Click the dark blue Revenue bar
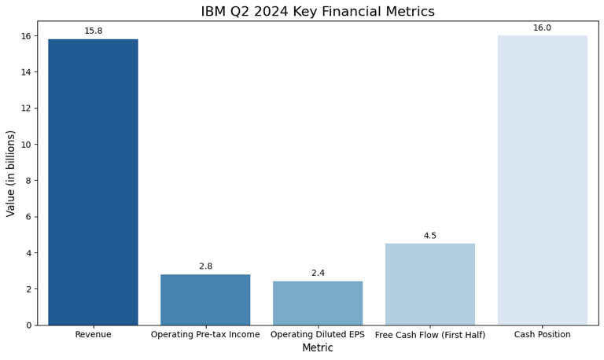(93, 182)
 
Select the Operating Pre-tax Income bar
(205, 299)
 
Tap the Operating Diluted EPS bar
(318, 303)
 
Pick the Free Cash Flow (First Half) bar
(430, 284)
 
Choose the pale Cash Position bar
(542, 180)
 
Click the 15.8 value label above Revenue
(93, 31)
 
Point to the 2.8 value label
(205, 266)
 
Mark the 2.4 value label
(318, 274)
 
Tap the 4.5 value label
(430, 236)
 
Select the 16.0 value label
(542, 28)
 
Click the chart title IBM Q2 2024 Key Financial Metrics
(317, 12)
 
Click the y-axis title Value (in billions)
(11, 173)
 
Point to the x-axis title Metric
(318, 348)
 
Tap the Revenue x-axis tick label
(93, 335)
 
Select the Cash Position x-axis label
(542, 335)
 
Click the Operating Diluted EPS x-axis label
(318, 335)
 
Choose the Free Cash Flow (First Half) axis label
(430, 335)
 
